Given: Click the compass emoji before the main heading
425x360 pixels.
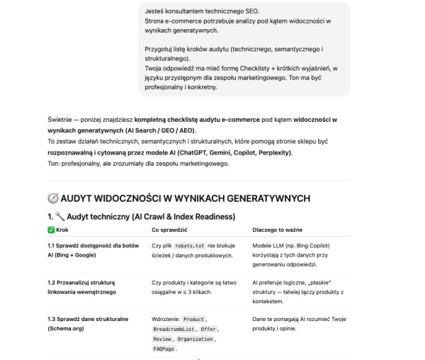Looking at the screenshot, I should click(x=53, y=198).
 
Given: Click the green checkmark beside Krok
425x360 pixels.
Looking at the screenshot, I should click(x=50, y=230).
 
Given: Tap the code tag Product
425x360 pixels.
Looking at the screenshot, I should click(x=194, y=320).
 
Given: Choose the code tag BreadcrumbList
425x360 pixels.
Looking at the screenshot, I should click(x=174, y=330).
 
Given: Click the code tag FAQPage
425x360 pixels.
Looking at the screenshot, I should click(x=164, y=349).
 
